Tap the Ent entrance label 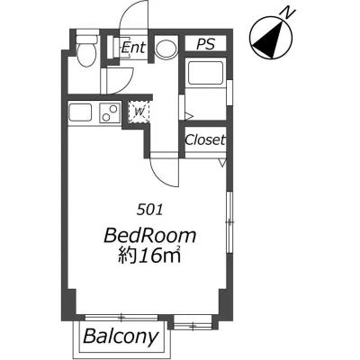pos(133,48)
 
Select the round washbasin pos(166,48)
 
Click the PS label pos(206,44)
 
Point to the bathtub pos(205,73)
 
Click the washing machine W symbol pos(139,112)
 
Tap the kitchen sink pos(80,112)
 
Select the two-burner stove pos(110,112)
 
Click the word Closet pos(205,139)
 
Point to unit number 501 pos(149,210)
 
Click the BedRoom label pos(150,236)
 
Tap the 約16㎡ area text pos(149,255)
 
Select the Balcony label pos(121,337)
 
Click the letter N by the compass pos(288,12)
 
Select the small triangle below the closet pos(222,163)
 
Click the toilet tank pos(87,39)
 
